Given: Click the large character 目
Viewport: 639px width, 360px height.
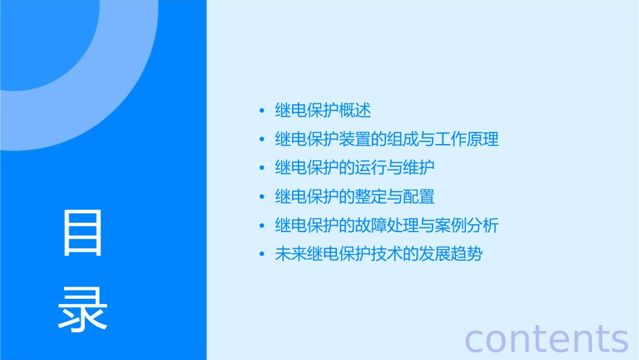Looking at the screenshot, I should pos(83,233).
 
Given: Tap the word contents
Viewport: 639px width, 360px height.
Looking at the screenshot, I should pos(546,338).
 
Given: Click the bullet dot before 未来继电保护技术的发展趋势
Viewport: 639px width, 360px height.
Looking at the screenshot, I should pos(262,256).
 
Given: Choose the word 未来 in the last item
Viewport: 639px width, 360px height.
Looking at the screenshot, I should pos(291,255).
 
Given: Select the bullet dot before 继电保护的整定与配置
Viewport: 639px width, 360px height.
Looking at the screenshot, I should pos(262,198).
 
